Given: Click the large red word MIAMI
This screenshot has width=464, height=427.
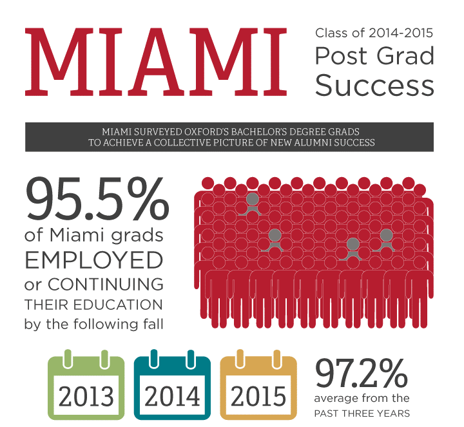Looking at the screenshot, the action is coord(156,62).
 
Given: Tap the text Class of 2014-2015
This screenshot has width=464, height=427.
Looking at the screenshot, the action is coord(374,33).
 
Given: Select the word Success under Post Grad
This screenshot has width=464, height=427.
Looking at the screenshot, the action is coord(374,85).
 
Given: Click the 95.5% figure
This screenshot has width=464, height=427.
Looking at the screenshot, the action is coord(98,199).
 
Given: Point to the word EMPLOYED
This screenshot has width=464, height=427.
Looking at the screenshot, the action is coord(94,260).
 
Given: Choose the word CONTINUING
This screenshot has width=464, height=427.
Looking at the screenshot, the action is coord(106,285).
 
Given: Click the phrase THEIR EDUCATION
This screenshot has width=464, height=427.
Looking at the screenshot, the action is coord(93,305).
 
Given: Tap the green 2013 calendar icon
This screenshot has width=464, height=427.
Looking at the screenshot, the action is coord(86,384).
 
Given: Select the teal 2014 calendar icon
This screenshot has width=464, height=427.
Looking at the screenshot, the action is coord(172,384).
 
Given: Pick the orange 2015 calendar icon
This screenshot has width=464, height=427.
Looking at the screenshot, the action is coord(258,384).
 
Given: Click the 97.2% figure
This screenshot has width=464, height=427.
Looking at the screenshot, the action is coord(362,373).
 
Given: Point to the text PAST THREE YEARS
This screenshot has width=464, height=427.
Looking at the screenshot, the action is coord(362,413).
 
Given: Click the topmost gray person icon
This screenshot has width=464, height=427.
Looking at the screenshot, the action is coord(252,204).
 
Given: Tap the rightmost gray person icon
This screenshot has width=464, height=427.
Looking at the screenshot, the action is coord(386,240).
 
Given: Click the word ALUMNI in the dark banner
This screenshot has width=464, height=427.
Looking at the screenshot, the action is coord(313,142).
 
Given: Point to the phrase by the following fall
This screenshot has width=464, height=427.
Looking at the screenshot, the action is coord(94,324).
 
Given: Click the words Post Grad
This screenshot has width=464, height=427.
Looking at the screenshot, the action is coord(374,55).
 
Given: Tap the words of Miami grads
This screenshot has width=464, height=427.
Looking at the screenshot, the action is coord(94,236).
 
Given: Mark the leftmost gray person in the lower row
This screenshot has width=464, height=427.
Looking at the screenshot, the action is coord(275,240).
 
